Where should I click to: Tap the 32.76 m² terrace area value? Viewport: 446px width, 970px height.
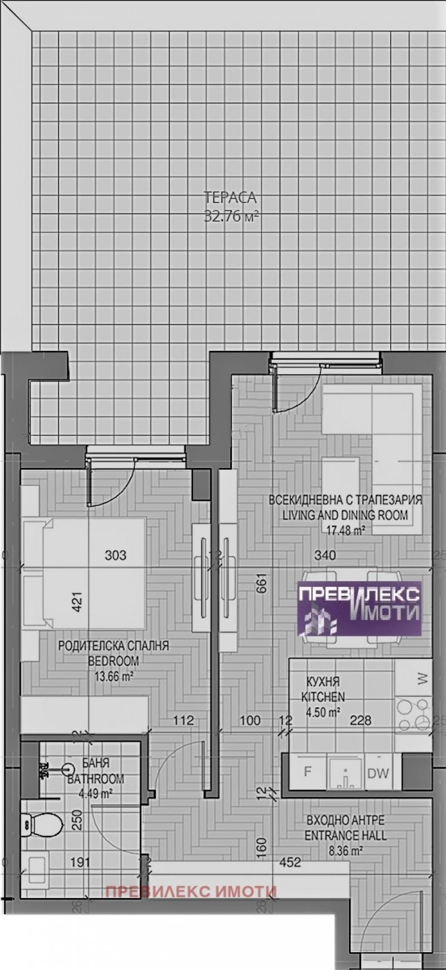pos(231,216)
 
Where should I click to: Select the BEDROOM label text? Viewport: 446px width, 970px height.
pos(113,660)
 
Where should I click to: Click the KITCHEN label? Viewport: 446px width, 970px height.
pos(323,696)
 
